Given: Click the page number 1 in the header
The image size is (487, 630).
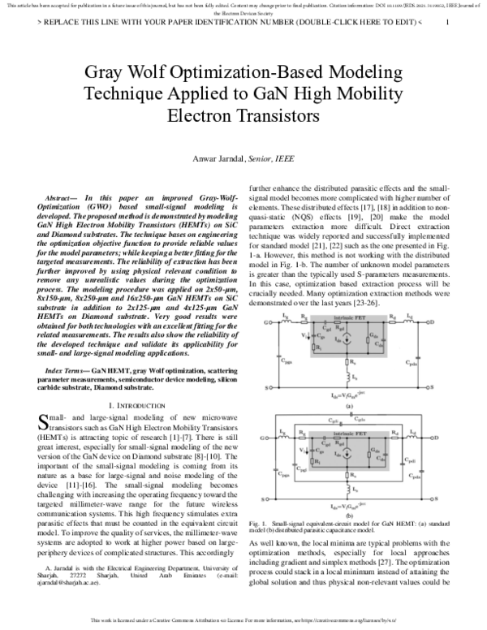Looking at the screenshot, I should point(447,22).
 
